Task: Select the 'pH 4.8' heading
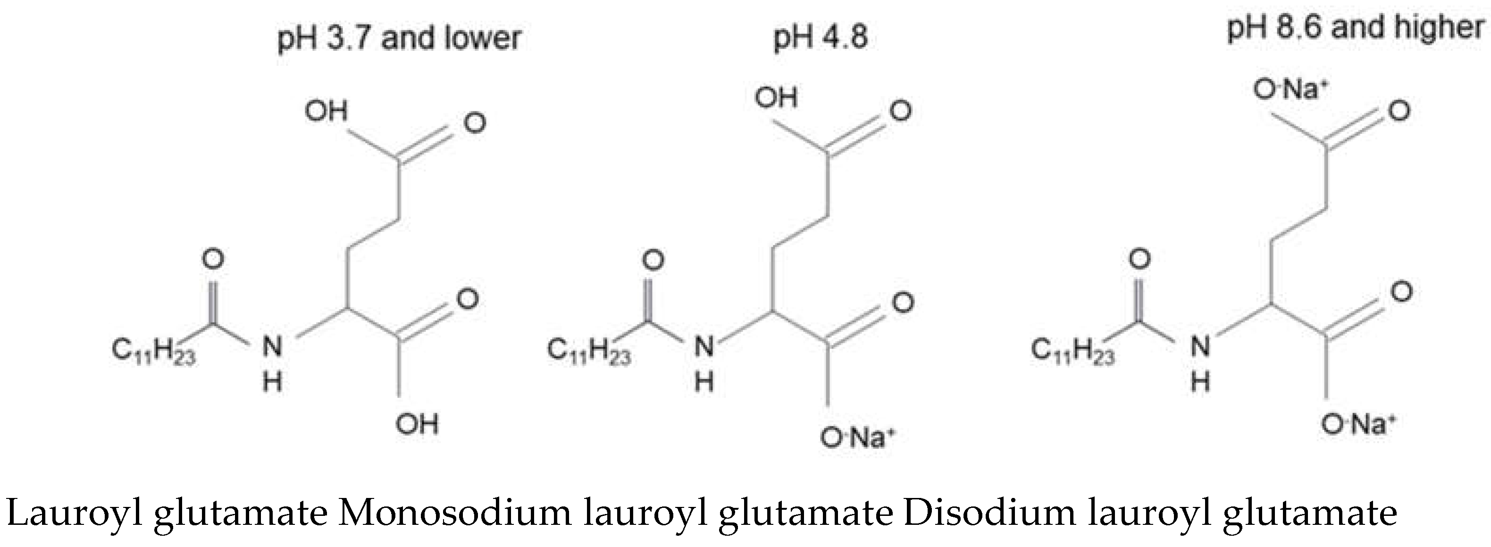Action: [821, 38]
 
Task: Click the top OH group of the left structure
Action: [327, 111]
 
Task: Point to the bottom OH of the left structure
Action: [417, 424]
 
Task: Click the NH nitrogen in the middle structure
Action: [704, 347]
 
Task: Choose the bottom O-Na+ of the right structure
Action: [1358, 425]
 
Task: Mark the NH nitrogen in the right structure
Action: [1200, 347]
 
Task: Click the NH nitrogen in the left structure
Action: [272, 347]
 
